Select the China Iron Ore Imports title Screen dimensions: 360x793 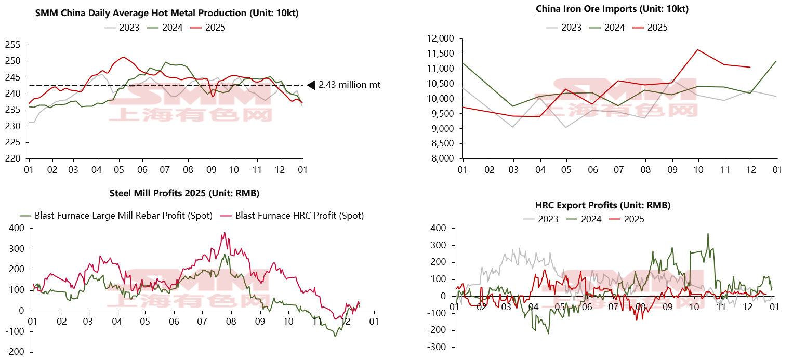pos(612,9)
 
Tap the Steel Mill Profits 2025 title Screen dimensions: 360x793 pos(184,193)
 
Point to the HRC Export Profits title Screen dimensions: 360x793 pos(603,205)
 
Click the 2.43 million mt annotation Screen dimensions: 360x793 pos(349,84)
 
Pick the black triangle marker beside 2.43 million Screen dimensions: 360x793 pos(311,85)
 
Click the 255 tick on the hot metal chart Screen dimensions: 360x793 pos(14,45)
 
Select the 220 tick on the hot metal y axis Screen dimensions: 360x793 pos(14,158)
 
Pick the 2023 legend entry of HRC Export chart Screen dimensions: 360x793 pos(548,219)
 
